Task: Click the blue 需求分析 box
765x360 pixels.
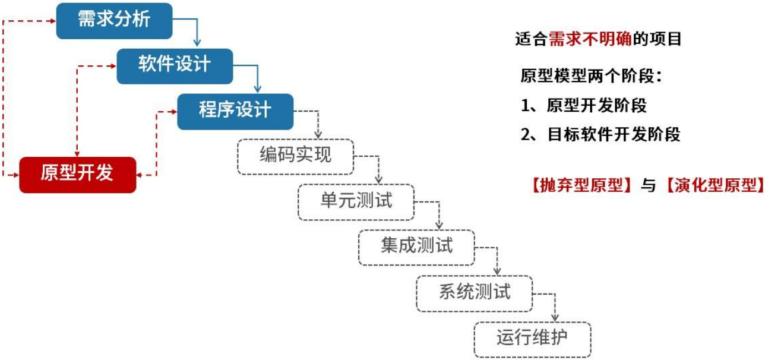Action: tap(114, 20)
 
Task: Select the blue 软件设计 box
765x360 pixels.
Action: tap(175, 65)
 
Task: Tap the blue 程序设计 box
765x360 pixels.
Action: tap(235, 111)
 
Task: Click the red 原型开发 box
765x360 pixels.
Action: tap(77, 175)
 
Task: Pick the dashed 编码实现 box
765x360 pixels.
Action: tap(295, 157)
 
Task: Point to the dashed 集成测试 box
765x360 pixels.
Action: tap(416, 247)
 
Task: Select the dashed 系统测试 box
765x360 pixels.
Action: tap(475, 293)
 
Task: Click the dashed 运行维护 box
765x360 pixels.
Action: tap(532, 339)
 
